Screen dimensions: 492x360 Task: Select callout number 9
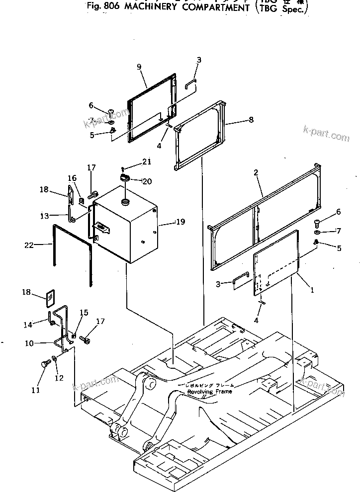[x=139, y=67]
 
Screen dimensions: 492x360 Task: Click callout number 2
[x=256, y=173]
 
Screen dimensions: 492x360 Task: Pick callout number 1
[x=312, y=291]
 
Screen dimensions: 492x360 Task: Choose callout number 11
[x=36, y=390]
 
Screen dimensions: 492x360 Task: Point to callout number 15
[x=84, y=313]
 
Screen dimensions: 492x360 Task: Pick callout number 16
[x=72, y=178]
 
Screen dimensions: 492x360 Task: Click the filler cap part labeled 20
[x=124, y=177]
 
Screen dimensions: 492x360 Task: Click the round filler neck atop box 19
[x=125, y=201]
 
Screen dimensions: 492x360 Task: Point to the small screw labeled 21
[x=122, y=169]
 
